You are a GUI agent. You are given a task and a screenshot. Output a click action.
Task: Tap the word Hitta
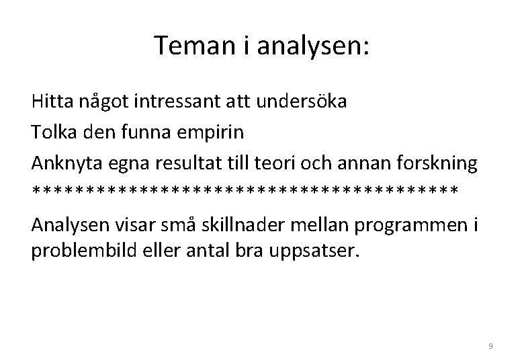[x=50, y=104]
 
